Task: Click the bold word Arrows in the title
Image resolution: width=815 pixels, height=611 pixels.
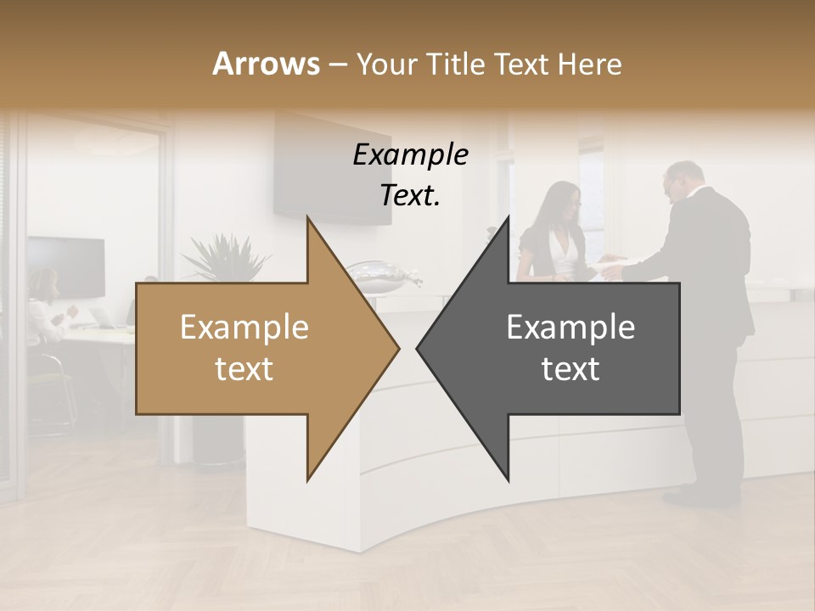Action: tap(266, 64)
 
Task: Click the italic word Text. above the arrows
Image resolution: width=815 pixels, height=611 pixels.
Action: tap(410, 196)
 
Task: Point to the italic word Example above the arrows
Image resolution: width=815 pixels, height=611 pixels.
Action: tap(410, 154)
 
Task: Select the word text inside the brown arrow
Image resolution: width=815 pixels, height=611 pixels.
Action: tap(244, 369)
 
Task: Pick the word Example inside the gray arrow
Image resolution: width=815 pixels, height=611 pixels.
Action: tap(570, 328)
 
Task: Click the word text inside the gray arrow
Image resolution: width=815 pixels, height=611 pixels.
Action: tap(570, 369)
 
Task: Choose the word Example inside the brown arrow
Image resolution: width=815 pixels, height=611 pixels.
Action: tap(244, 328)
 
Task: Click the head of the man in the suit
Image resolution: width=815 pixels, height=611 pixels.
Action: tap(683, 180)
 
